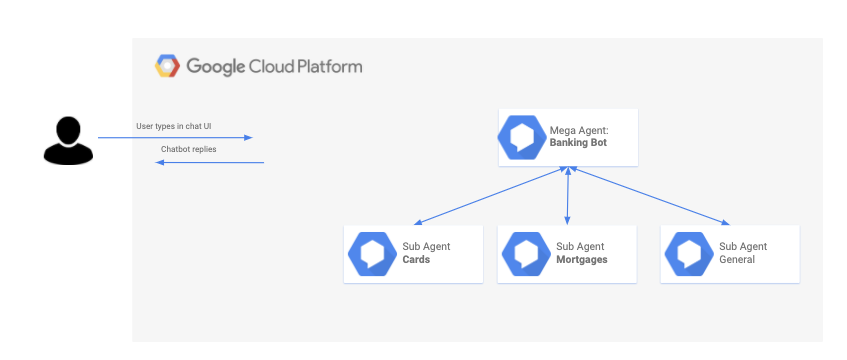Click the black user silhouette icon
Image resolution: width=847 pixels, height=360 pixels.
coord(68,141)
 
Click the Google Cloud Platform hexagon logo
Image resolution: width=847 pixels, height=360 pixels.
coord(167,66)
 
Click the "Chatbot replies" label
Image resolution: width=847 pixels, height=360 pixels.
coord(189,149)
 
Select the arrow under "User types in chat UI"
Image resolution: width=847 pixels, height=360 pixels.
coord(175,138)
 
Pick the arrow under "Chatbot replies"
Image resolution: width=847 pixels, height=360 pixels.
coord(210,162)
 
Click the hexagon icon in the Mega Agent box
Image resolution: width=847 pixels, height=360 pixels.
coord(522,137)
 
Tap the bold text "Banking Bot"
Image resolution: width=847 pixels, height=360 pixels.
coord(578,143)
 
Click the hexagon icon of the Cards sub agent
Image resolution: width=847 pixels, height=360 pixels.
coord(372,254)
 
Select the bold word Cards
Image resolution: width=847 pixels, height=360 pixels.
coord(416,259)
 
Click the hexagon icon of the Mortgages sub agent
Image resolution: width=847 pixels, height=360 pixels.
coord(526,254)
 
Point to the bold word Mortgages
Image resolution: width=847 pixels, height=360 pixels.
coord(582,259)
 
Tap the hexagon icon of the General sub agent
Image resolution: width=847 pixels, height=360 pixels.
coord(689,254)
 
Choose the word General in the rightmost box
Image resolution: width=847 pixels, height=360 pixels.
coord(737,259)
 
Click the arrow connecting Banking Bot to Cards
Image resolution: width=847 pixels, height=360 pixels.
coord(490,195)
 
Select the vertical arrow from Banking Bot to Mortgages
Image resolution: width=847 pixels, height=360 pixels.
coord(567,195)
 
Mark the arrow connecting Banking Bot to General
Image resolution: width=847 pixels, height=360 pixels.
coord(649,195)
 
